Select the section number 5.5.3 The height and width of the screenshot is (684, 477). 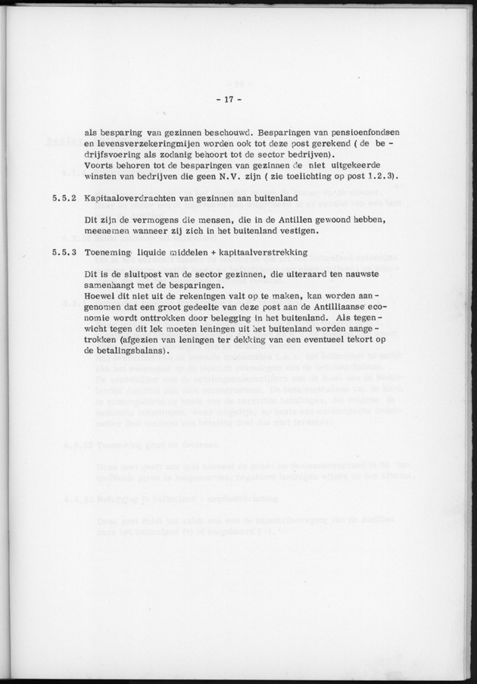coord(65,252)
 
